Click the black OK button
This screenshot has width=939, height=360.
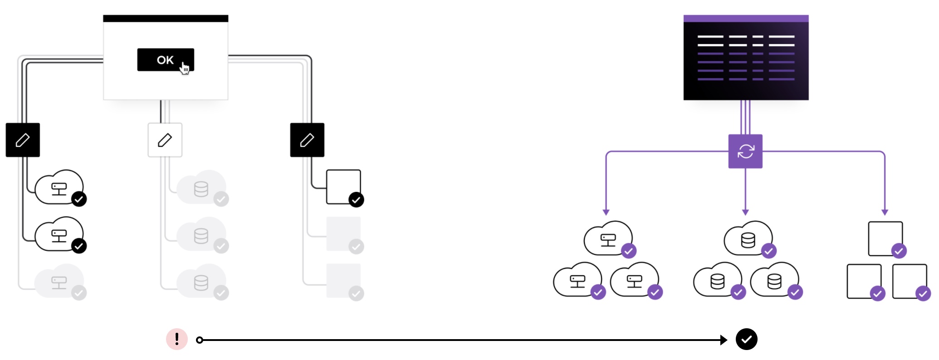coord(166,59)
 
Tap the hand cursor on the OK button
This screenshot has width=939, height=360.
coord(185,68)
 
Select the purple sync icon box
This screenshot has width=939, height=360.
coord(745,151)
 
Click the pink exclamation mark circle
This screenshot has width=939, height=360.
coord(177,339)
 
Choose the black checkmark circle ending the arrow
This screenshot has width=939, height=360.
coord(747,339)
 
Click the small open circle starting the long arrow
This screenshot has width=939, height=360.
coord(200,340)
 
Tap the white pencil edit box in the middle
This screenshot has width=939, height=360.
coord(165,140)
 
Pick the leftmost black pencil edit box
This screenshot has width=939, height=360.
coord(23,140)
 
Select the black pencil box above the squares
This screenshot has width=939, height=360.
coord(307,140)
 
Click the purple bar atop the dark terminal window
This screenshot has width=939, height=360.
coord(746,19)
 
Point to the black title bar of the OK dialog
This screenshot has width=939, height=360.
coord(166,19)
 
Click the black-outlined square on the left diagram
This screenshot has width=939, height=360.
coord(343,187)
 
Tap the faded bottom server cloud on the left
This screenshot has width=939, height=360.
coord(59,281)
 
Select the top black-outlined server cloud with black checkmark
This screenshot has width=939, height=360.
coord(59,187)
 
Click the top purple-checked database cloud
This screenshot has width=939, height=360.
coord(748,238)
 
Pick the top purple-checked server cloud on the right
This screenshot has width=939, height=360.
coord(608,238)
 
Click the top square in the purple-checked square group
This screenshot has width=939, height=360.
coord(885,238)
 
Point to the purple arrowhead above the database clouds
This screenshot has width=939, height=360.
coord(745,212)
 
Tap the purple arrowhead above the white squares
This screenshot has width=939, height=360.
coord(885,212)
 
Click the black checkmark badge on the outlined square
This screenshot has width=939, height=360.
coord(356,199)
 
